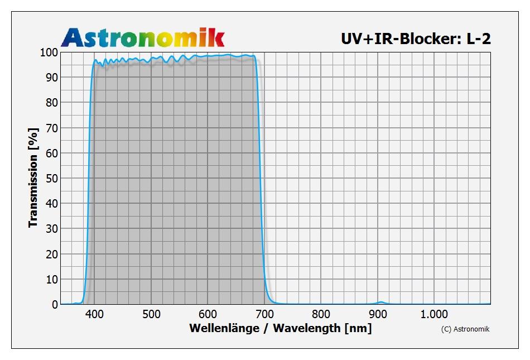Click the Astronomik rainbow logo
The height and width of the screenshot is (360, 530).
click(x=142, y=37)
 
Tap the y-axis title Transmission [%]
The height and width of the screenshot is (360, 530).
click(x=33, y=177)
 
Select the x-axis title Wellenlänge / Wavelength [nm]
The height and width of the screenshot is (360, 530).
click(x=280, y=328)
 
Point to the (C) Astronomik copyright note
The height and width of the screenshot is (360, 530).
click(x=465, y=329)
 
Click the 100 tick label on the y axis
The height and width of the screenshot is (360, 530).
click(x=49, y=52)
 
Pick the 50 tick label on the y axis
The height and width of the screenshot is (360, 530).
click(x=51, y=178)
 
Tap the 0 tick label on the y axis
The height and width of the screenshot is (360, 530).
click(x=55, y=305)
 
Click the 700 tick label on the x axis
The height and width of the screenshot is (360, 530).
click(x=264, y=314)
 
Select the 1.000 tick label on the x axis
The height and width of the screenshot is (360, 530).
click(x=435, y=314)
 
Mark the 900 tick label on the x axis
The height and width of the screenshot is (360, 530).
click(x=378, y=314)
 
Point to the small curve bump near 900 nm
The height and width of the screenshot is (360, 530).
click(x=380, y=303)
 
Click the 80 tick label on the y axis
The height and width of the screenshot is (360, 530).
click(x=51, y=103)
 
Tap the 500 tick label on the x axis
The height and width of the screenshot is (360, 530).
click(x=151, y=314)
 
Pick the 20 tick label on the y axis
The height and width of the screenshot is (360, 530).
click(x=51, y=254)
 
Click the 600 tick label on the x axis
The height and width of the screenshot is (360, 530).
click(x=208, y=314)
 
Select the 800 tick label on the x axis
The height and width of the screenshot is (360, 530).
click(x=321, y=314)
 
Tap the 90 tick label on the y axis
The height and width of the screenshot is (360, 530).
click(x=51, y=77)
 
